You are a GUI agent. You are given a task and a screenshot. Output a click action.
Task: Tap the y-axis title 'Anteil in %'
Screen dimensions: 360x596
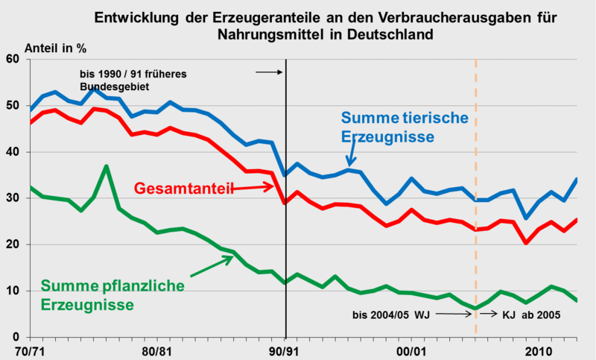click(x=55, y=48)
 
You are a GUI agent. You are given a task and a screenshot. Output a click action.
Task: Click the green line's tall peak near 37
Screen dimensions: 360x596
click(x=107, y=166)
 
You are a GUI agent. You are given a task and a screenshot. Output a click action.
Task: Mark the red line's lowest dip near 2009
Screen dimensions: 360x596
click(x=526, y=243)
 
